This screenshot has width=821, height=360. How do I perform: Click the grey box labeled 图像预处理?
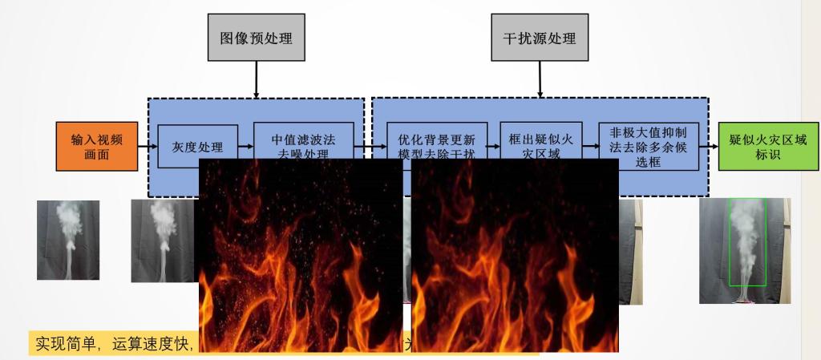click(256, 38)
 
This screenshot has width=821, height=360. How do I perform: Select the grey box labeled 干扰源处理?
click(539, 38)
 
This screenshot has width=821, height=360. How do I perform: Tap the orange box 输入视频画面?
click(96, 146)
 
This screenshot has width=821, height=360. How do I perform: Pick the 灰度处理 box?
click(197, 146)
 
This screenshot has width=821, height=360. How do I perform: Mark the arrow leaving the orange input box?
click(146, 147)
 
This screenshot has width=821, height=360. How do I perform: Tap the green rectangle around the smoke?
click(747, 241)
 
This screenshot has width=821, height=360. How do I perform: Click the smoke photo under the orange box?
click(68, 240)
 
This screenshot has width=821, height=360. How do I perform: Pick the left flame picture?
click(301, 255)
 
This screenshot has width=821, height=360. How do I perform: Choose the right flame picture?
click(515, 255)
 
